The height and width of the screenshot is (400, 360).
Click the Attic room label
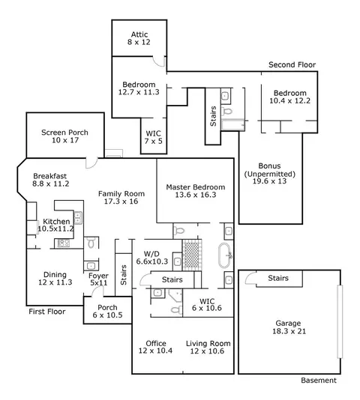click(x=139, y=34)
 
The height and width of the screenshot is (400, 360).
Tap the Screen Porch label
click(x=65, y=133)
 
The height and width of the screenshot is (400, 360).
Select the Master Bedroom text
click(x=196, y=187)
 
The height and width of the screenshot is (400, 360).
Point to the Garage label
click(x=288, y=324)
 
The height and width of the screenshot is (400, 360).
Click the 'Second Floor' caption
click(x=292, y=65)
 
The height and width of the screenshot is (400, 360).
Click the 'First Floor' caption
click(x=47, y=312)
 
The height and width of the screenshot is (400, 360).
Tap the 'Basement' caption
click(x=319, y=381)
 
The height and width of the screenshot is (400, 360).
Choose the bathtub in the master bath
click(x=225, y=255)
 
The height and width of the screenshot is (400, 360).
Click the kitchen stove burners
click(x=64, y=243)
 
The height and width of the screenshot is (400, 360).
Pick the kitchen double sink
click(x=78, y=218)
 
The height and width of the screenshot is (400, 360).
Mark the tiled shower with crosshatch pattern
click(x=192, y=255)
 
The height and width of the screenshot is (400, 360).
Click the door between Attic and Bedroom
click(x=159, y=61)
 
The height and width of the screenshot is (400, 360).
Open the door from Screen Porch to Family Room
click(x=91, y=163)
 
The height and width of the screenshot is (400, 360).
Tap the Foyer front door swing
click(x=97, y=291)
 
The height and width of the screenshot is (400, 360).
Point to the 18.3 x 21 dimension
click(x=289, y=331)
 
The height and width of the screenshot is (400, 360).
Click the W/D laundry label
click(x=151, y=254)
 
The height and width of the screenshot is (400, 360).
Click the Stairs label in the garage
click(x=278, y=278)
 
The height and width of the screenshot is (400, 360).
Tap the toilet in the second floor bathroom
click(x=227, y=112)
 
